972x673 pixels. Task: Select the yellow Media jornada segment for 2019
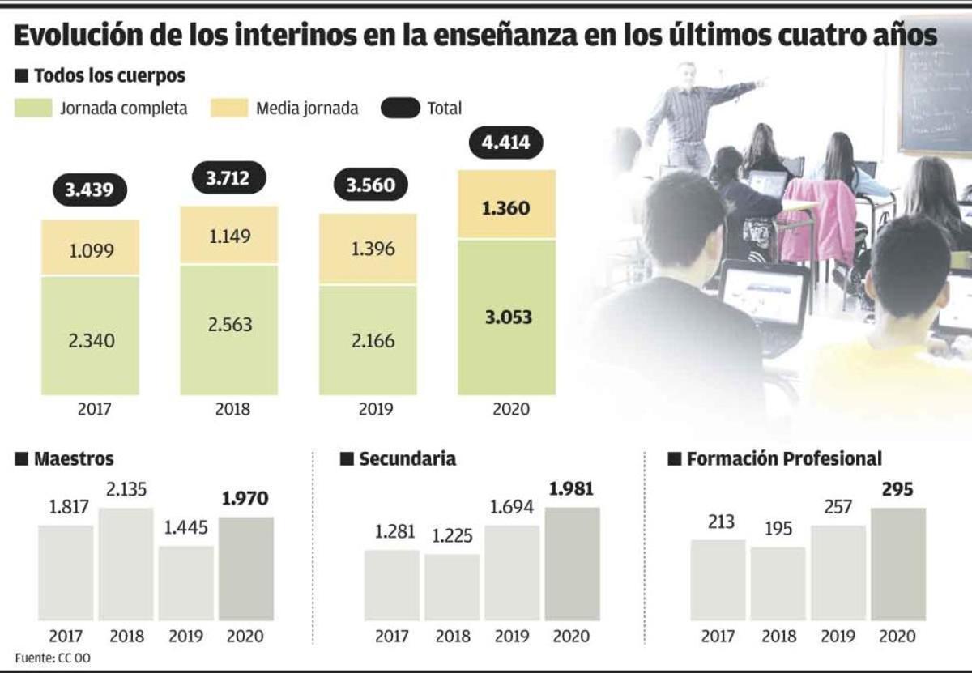pyautogui.click(x=368, y=249)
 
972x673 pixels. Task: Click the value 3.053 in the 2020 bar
pyautogui.click(x=506, y=317)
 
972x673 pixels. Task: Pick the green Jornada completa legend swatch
pyautogui.click(x=32, y=108)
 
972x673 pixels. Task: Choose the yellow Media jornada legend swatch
pyautogui.click(x=229, y=108)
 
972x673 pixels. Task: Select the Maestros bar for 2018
pyautogui.click(x=126, y=564)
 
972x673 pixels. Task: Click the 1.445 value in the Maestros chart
pyautogui.click(x=185, y=528)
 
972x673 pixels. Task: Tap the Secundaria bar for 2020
pyautogui.click(x=572, y=564)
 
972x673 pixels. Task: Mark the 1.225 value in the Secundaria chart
pyautogui.click(x=452, y=535)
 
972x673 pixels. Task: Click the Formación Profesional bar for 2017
pyautogui.click(x=718, y=580)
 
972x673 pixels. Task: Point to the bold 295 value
pyautogui.click(x=897, y=490)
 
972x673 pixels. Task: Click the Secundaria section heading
pyautogui.click(x=407, y=459)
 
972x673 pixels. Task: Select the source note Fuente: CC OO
pyautogui.click(x=53, y=658)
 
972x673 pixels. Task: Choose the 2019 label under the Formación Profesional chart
pyautogui.click(x=838, y=636)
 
